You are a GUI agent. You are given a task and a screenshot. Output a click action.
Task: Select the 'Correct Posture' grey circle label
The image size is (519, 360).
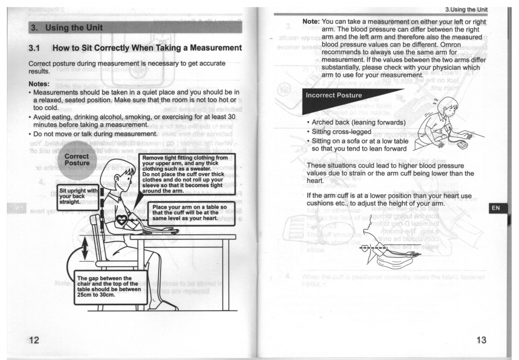[77, 159]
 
